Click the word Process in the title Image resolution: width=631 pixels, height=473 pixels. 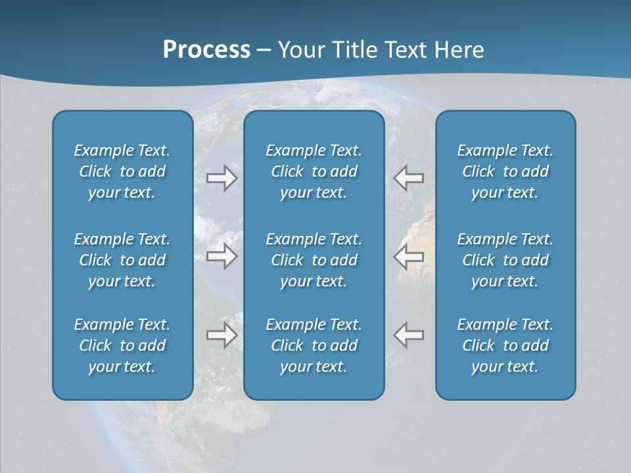206,50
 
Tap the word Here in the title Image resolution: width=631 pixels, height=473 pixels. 458,50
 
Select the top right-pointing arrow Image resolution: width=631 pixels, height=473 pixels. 222,177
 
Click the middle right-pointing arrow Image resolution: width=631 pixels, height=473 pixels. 222,256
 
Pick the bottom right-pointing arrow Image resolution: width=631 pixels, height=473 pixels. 222,335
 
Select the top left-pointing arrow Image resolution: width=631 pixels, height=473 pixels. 409,177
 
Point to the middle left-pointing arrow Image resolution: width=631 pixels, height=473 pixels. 409,256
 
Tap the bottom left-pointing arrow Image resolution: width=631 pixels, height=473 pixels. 409,335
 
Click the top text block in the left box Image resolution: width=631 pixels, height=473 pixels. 122,171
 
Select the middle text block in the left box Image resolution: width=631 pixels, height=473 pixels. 122,260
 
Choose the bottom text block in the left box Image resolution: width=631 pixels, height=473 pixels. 122,346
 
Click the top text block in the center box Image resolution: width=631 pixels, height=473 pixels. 314,171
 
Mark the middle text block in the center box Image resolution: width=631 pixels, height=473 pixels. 314,260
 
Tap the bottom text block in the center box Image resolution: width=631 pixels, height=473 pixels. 314,346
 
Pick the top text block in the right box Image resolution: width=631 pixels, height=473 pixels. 505,171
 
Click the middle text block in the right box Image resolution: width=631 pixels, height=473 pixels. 505,260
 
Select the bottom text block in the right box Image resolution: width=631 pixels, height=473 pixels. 505,346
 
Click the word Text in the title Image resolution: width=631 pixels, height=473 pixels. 405,50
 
